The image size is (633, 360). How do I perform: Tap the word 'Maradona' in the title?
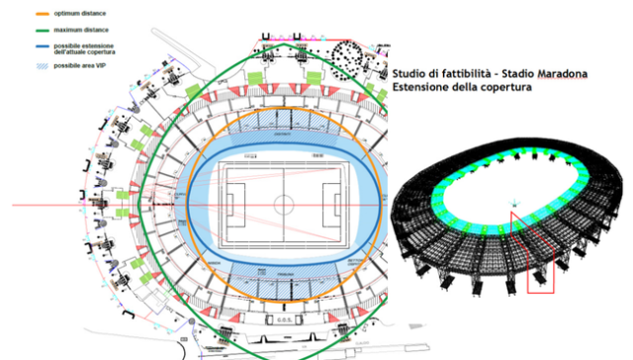pyautogui.click(x=561, y=74)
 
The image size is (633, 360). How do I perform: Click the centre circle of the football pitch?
pyautogui.click(x=284, y=206)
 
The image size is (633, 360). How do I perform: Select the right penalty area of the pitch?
pyautogui.click(x=335, y=206)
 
